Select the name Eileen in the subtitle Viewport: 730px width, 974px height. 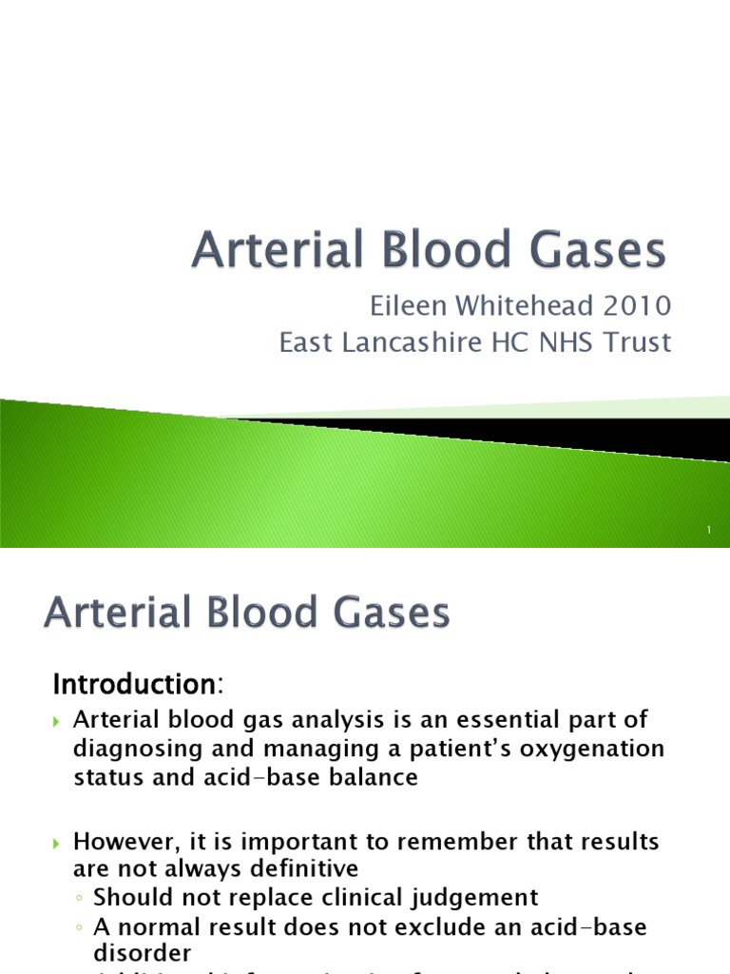coord(399,307)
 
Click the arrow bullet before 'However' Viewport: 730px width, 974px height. coord(56,844)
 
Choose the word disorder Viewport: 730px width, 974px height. coord(142,952)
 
